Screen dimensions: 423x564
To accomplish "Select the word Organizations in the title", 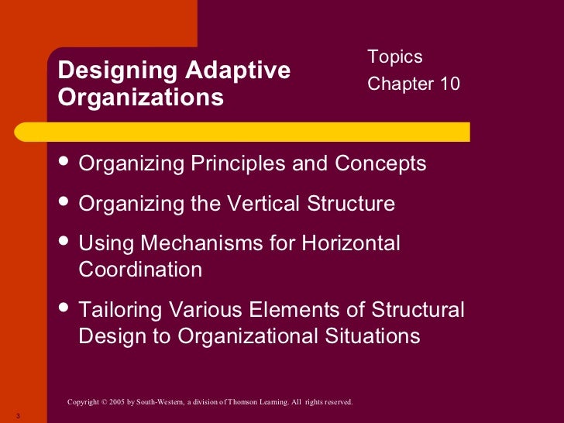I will point(141,98).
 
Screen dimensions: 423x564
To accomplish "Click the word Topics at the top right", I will point(395,57).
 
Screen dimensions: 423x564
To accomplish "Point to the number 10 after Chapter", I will point(449,83).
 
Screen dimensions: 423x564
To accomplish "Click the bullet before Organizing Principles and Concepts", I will point(64,162).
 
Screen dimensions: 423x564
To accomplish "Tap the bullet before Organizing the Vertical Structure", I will point(64,202).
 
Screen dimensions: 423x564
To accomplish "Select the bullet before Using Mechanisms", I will point(64,242).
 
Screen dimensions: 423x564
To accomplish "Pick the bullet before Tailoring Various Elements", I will point(64,309).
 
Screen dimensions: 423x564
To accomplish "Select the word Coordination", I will point(140,270).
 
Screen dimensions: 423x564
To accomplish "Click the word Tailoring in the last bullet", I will point(123,311).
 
